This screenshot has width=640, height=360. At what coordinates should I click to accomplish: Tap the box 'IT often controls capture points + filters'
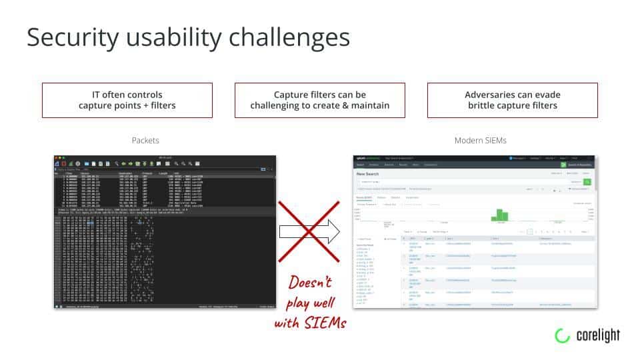pyautogui.click(x=127, y=100)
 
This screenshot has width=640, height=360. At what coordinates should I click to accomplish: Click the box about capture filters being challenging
pyautogui.click(x=319, y=100)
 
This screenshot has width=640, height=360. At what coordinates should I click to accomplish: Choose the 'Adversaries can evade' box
pyautogui.click(x=512, y=100)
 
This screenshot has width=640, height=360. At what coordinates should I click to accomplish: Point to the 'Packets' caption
pyautogui.click(x=145, y=141)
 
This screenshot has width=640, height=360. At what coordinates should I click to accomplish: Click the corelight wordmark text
pyautogui.click(x=597, y=336)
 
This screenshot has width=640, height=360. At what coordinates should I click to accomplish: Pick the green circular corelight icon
pyautogui.click(x=562, y=336)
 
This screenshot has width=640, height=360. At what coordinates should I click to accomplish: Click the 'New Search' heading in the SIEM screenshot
pyautogui.click(x=371, y=173)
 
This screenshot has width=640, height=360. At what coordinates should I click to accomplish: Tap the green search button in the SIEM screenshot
pyautogui.click(x=587, y=181)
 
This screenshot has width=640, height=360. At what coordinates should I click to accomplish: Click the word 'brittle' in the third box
pyautogui.click(x=482, y=105)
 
